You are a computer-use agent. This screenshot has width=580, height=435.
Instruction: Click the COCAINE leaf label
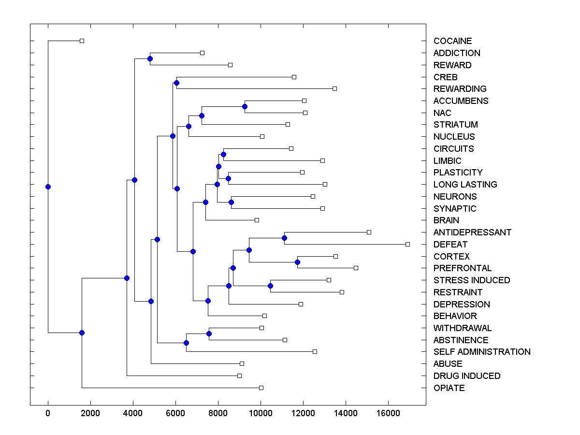pyautogui.click(x=452, y=41)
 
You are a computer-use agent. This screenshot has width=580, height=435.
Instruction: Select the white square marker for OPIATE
pyautogui.click(x=261, y=388)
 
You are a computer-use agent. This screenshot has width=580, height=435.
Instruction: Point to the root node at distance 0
pyautogui.click(x=48, y=187)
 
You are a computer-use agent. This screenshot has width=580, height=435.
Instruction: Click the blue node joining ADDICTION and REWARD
pyautogui.click(x=150, y=58)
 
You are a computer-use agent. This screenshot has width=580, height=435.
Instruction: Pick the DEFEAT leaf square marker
pyautogui.click(x=407, y=244)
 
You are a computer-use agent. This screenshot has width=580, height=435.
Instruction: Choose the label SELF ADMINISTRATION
pyautogui.click(x=482, y=352)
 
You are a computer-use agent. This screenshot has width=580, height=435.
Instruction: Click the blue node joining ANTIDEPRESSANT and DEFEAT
pyautogui.click(x=284, y=238)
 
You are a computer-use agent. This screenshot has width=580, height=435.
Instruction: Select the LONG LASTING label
pyautogui.click(x=465, y=184)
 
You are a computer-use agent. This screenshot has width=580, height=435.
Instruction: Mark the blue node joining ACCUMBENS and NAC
pyautogui.click(x=245, y=106)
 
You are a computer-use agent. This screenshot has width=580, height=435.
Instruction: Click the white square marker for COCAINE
pyautogui.click(x=82, y=41)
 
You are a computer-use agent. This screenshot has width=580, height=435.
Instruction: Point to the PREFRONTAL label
pyautogui.click(x=462, y=268)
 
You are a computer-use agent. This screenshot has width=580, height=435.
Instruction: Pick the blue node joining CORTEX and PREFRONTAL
pyautogui.click(x=297, y=262)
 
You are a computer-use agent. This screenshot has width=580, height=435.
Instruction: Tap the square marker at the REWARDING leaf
pyautogui.click(x=334, y=88)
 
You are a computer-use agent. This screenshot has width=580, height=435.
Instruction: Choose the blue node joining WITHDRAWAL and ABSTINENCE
pyautogui.click(x=209, y=333)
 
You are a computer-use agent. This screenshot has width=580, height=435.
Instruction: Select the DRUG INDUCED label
pyautogui.click(x=466, y=376)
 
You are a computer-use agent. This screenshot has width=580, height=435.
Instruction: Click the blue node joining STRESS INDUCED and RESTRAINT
pyautogui.click(x=270, y=286)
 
